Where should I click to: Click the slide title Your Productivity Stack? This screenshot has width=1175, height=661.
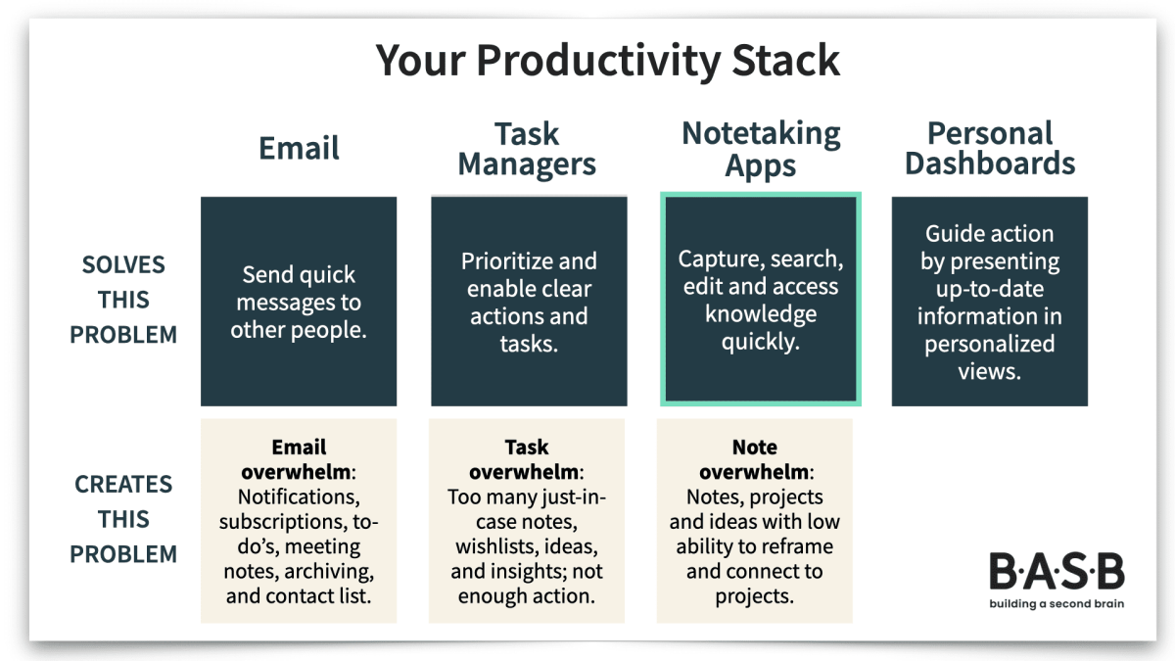pyautogui.click(x=608, y=61)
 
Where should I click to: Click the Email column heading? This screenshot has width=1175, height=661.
pyautogui.click(x=299, y=149)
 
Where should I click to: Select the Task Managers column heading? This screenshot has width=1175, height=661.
pyautogui.click(x=527, y=149)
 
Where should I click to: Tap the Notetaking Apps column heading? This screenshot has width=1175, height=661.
pyautogui.click(x=761, y=149)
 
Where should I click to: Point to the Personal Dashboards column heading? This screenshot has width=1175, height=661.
pyautogui.click(x=990, y=149)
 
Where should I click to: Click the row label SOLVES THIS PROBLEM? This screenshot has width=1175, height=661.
pyautogui.click(x=123, y=300)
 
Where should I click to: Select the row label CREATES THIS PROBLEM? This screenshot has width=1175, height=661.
pyautogui.click(x=123, y=519)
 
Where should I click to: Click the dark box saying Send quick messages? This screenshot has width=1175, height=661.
pyautogui.click(x=299, y=302)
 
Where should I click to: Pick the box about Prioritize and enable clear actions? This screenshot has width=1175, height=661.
pyautogui.click(x=529, y=302)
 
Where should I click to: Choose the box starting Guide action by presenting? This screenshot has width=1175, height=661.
pyautogui.click(x=990, y=302)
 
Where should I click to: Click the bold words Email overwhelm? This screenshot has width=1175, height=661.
pyautogui.click(x=299, y=460)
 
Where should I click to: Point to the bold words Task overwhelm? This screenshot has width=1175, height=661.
pyautogui.click(x=527, y=460)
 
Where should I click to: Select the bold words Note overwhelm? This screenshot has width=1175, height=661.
pyautogui.click(x=754, y=460)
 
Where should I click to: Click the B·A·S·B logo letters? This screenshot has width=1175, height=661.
pyautogui.click(x=1056, y=572)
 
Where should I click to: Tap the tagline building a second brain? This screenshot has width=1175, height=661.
pyautogui.click(x=1056, y=603)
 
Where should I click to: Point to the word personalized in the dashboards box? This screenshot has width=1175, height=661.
pyautogui.click(x=990, y=344)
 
